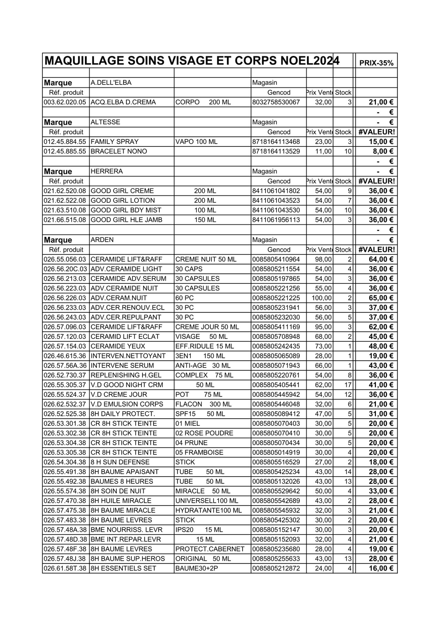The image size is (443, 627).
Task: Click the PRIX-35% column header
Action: pos(376,63)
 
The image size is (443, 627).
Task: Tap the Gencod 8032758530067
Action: pos(276,102)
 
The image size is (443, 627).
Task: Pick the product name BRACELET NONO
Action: pos(119,151)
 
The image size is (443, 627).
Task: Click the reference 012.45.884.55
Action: pos(65,142)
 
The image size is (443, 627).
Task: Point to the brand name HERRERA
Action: pos(107,171)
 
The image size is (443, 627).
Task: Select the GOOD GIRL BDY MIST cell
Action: pos(126,210)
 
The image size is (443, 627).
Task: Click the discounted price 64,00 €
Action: pos(381,260)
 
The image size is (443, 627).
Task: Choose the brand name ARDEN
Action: pos(102,240)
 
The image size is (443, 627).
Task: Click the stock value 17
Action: pos(348,385)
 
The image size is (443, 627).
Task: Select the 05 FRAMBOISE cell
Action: pos(199,453)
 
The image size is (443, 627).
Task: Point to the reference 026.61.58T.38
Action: pos(65,568)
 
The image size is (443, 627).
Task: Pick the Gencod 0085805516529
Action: pos(276,462)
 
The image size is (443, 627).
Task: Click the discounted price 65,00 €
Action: pos(381,298)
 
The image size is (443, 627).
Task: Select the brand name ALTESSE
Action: pos(105,122)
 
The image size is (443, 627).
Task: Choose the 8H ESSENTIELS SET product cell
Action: pos(123,568)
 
